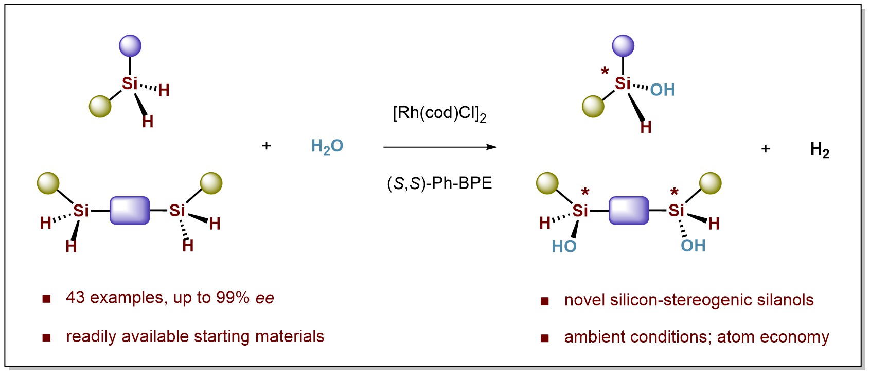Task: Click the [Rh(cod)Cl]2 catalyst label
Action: (x=439, y=113)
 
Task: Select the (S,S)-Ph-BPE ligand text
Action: (x=439, y=183)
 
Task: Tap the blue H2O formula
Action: (x=327, y=147)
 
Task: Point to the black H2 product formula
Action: (x=820, y=150)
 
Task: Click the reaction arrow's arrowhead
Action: (x=492, y=147)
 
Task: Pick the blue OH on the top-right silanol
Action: (x=662, y=90)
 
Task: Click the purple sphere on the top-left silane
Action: (x=130, y=46)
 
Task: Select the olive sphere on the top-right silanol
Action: (x=593, y=107)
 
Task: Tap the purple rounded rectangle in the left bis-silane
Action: (x=130, y=210)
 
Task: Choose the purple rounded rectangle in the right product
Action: (x=629, y=210)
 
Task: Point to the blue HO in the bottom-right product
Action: (x=564, y=247)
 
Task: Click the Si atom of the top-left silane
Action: (x=130, y=83)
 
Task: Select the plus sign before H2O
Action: (x=267, y=146)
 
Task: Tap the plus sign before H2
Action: (x=766, y=149)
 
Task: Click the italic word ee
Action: (x=265, y=298)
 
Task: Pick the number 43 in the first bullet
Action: (x=75, y=298)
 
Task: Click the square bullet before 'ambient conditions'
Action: (x=544, y=338)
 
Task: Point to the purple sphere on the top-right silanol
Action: (x=623, y=46)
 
